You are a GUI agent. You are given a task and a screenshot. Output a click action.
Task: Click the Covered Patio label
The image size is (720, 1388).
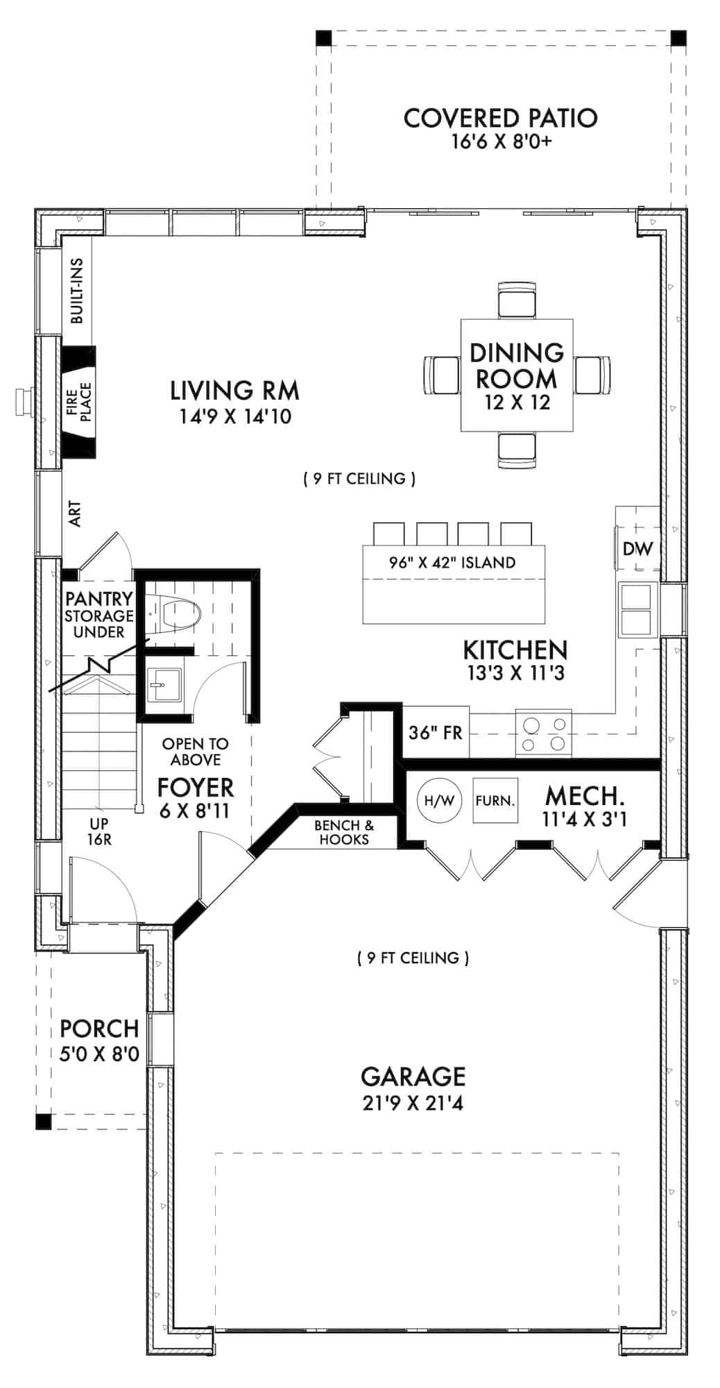tap(500, 119)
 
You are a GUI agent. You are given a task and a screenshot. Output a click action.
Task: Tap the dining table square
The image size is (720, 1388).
tap(517, 375)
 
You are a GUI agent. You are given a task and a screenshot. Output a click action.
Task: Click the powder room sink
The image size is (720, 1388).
tap(165, 685)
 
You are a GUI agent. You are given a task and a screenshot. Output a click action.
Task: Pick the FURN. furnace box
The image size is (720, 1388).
tap(495, 800)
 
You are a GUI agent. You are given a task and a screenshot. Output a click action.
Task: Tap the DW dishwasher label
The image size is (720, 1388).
tap(637, 549)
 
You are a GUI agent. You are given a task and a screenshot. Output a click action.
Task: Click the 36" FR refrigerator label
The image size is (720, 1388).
tap(435, 732)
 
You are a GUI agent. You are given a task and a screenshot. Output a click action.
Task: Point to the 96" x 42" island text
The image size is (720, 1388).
tap(452, 562)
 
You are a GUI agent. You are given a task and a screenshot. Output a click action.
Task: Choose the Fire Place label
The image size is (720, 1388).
tap(78, 401)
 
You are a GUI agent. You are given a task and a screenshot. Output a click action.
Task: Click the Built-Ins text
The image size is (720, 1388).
tap(77, 291)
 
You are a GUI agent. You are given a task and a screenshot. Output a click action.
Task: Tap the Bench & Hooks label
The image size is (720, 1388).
tap(344, 832)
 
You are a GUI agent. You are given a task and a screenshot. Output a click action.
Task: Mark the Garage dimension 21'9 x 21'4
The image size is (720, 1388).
tap(413, 1103)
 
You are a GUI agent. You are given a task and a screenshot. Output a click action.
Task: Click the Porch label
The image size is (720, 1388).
tap(99, 1029)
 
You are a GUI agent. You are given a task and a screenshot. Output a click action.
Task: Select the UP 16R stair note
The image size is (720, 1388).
tap(99, 831)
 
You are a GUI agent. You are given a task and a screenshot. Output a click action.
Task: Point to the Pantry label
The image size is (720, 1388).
tap(98, 598)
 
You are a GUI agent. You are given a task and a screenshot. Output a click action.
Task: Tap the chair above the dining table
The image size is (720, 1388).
tap(517, 300)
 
